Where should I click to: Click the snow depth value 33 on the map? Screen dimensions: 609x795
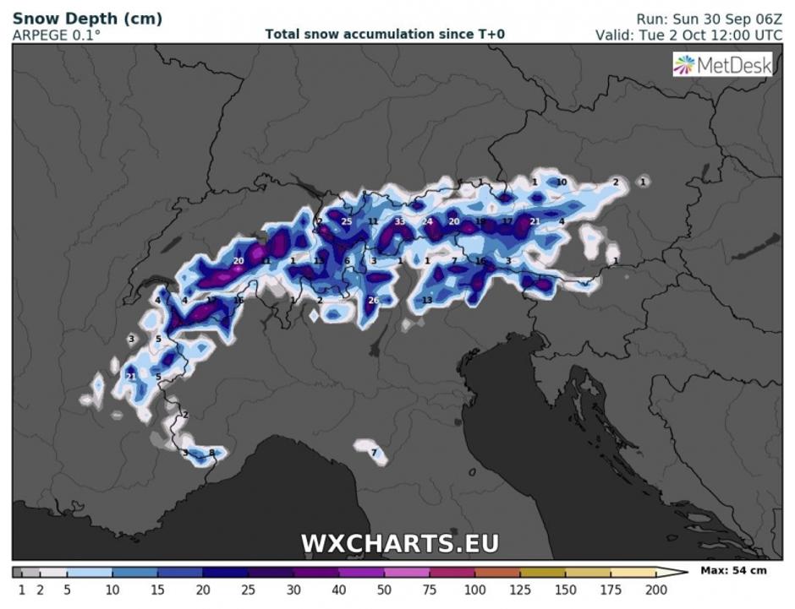(x=399, y=221)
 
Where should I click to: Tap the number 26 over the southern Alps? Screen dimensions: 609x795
(x=373, y=301)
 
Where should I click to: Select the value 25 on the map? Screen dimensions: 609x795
(x=346, y=221)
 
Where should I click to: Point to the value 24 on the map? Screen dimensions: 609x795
(x=427, y=221)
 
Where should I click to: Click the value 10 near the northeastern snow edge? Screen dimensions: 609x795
(x=562, y=182)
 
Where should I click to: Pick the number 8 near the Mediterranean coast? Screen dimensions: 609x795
(x=212, y=454)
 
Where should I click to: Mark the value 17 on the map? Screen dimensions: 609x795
(x=507, y=221)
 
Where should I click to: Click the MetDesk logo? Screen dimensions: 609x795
(x=722, y=65)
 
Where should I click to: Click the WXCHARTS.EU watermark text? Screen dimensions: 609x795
(x=400, y=543)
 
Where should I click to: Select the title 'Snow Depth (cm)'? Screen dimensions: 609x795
(x=87, y=18)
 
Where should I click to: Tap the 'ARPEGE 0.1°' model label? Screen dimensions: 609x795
(x=56, y=35)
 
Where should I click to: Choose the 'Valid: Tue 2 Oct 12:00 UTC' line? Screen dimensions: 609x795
(x=688, y=35)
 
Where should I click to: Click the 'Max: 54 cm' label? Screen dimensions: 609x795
(x=733, y=571)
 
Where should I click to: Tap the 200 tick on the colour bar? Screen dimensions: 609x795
(x=656, y=590)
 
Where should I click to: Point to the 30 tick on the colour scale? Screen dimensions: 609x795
(x=293, y=590)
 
